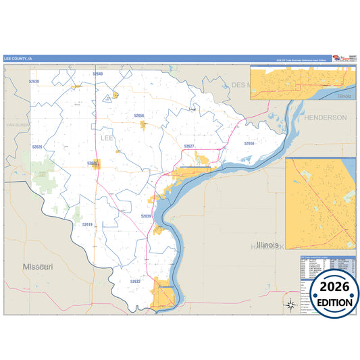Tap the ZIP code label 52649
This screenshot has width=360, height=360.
point(99,73)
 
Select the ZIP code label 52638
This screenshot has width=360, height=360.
point(34,81)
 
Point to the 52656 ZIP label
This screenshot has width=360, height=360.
point(139,115)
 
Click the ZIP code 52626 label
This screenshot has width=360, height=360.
point(36,147)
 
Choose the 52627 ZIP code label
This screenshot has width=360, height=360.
point(189,146)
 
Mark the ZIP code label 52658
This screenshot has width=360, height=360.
point(249,143)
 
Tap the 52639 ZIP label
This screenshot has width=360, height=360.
point(146,215)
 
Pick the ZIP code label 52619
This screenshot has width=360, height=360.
point(87,224)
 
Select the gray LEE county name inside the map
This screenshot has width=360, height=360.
point(107,137)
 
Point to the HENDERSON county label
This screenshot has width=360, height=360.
point(324,117)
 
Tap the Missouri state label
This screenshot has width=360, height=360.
point(38,267)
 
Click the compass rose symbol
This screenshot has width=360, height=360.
point(290,303)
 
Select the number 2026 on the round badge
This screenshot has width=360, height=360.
point(330,286)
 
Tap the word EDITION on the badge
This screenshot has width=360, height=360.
point(330,302)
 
